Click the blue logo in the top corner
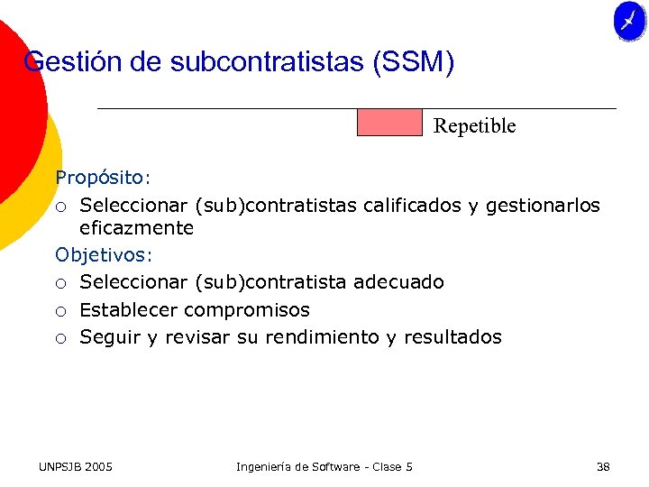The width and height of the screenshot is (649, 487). tap(630, 21)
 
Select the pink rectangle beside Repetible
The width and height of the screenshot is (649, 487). tap(389, 122)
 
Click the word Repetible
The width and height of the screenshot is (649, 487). tap(474, 126)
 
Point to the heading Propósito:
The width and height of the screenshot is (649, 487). tap(104, 178)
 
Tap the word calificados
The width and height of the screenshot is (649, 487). tap(412, 206)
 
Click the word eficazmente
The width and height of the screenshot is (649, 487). tap(136, 228)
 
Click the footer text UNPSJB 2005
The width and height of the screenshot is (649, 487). tap(76, 466)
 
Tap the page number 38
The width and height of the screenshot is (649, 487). tap(603, 466)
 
